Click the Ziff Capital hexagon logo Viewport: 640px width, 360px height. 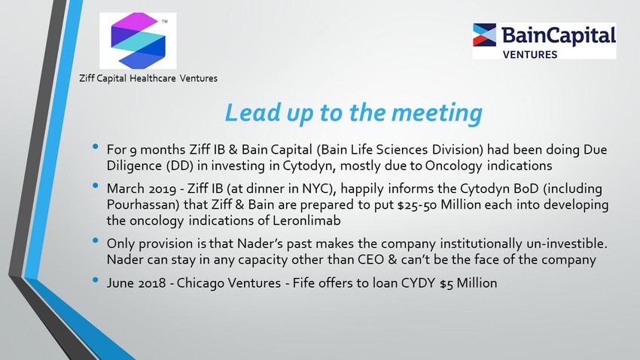pyautogui.click(x=139, y=41)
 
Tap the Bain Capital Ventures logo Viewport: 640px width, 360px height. pyautogui.click(x=544, y=41)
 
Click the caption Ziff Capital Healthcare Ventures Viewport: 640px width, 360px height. pyautogui.click(x=148, y=78)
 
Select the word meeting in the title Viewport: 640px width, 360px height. pyautogui.click(x=437, y=113)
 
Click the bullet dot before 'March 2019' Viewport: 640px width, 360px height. pyautogui.click(x=96, y=186)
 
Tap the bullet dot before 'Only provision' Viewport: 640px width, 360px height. pyautogui.click(x=96, y=241)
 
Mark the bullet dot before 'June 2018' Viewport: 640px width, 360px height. pyautogui.click(x=96, y=280)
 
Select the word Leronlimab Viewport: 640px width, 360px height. pyautogui.click(x=306, y=221)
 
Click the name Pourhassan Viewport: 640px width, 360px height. pyautogui.click(x=143, y=205)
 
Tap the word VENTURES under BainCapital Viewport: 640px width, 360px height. pyautogui.click(x=530, y=55)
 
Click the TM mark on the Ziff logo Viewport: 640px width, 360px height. pyautogui.click(x=164, y=21)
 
